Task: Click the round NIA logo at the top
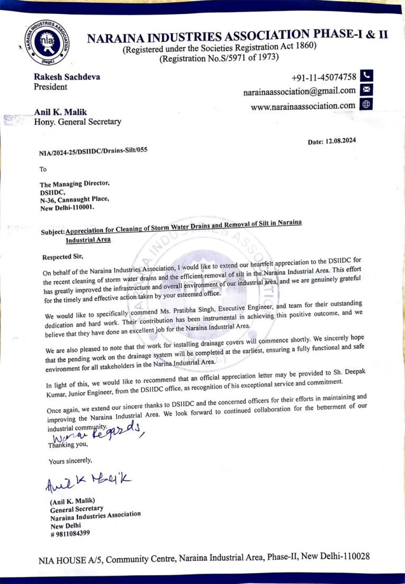click(x=47, y=42)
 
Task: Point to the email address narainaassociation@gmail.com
click(x=299, y=91)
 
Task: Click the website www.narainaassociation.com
click(x=303, y=106)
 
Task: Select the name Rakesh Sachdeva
click(x=67, y=77)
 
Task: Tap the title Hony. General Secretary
click(x=78, y=121)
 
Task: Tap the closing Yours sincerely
click(x=71, y=461)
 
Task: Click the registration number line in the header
click(x=219, y=58)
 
